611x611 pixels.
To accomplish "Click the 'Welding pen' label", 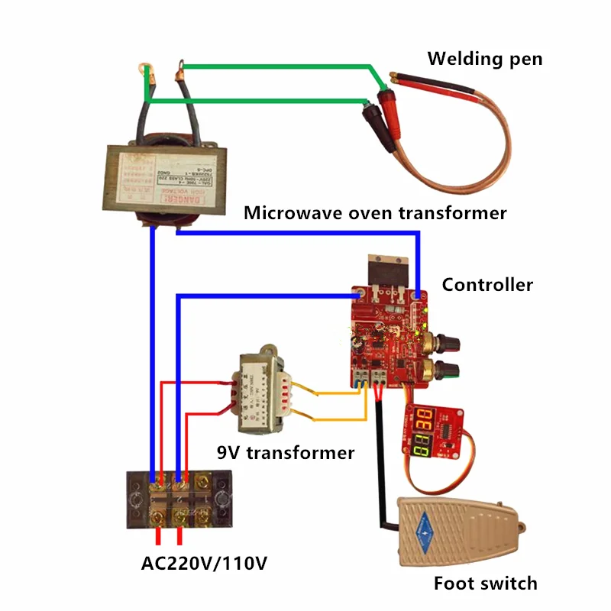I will tap(484, 58).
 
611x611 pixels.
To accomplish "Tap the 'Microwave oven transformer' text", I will tap(375, 213).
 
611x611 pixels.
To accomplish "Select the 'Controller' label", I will tap(487, 285).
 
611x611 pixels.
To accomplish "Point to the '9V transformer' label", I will tap(286, 452).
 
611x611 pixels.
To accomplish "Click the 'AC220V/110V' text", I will tap(205, 564).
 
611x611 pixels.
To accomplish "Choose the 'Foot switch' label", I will tap(485, 584).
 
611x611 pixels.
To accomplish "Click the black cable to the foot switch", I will tap(379, 466).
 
